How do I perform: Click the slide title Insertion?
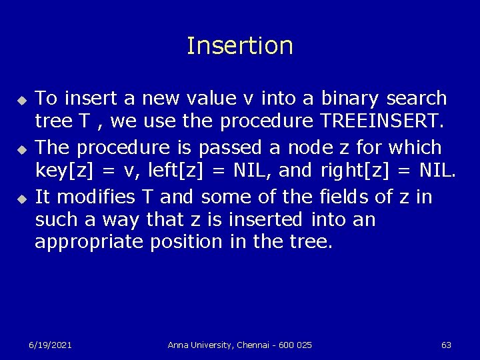coord(240,46)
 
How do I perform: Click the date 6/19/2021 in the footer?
coord(50,345)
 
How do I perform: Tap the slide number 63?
coord(446,345)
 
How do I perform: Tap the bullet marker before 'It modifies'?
coord(20,197)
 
